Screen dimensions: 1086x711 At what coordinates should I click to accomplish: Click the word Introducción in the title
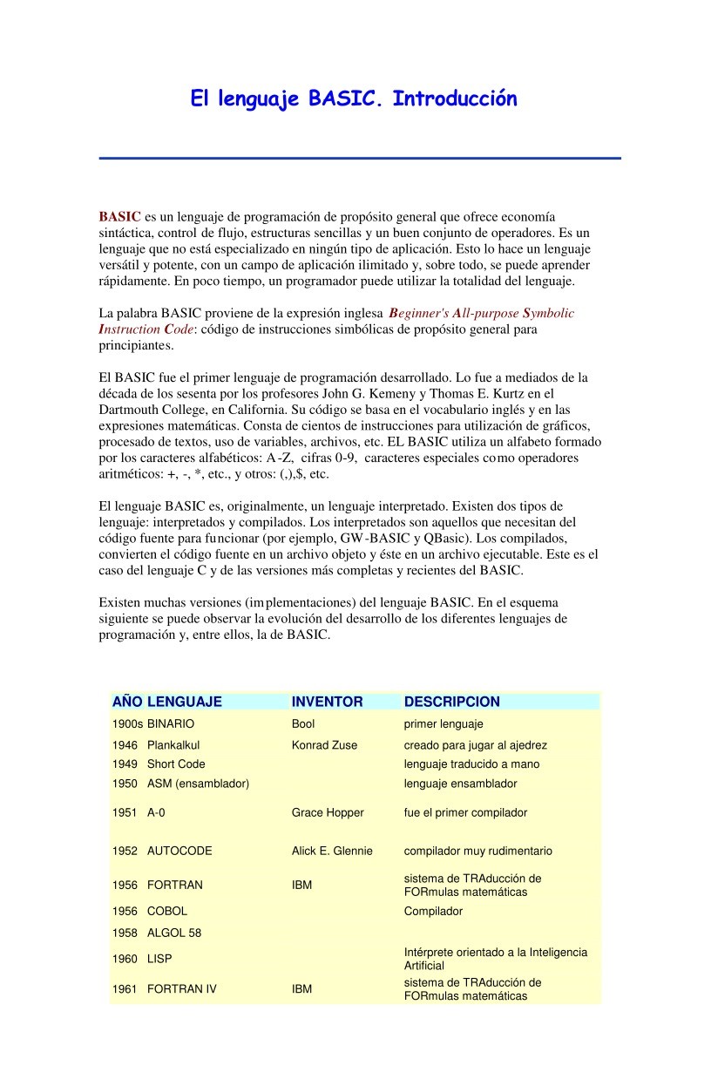pos(454,99)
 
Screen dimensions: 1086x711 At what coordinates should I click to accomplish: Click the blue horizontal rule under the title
pos(359,159)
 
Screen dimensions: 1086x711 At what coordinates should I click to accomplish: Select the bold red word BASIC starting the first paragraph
pos(119,216)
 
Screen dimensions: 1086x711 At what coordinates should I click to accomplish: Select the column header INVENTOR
pos(327,702)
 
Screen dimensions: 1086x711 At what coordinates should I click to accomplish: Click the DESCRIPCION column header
pos(451,702)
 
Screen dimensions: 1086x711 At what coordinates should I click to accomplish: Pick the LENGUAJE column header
pos(184,702)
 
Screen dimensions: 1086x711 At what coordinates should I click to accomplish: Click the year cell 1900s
pos(127,724)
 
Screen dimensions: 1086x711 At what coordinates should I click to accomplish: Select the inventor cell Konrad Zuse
pos(324,745)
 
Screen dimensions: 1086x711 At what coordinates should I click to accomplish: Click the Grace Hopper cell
pos(328,812)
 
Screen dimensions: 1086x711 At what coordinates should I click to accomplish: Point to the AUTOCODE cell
pos(179,851)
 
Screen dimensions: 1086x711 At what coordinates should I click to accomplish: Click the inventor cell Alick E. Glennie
pos(332,851)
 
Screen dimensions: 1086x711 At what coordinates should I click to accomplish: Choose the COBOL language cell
pos(167,911)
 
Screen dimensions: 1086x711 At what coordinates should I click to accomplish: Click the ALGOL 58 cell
pos(174,933)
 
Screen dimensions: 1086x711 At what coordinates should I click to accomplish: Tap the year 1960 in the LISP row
pos(125,959)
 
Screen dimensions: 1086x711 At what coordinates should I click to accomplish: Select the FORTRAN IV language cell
pos(182,989)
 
